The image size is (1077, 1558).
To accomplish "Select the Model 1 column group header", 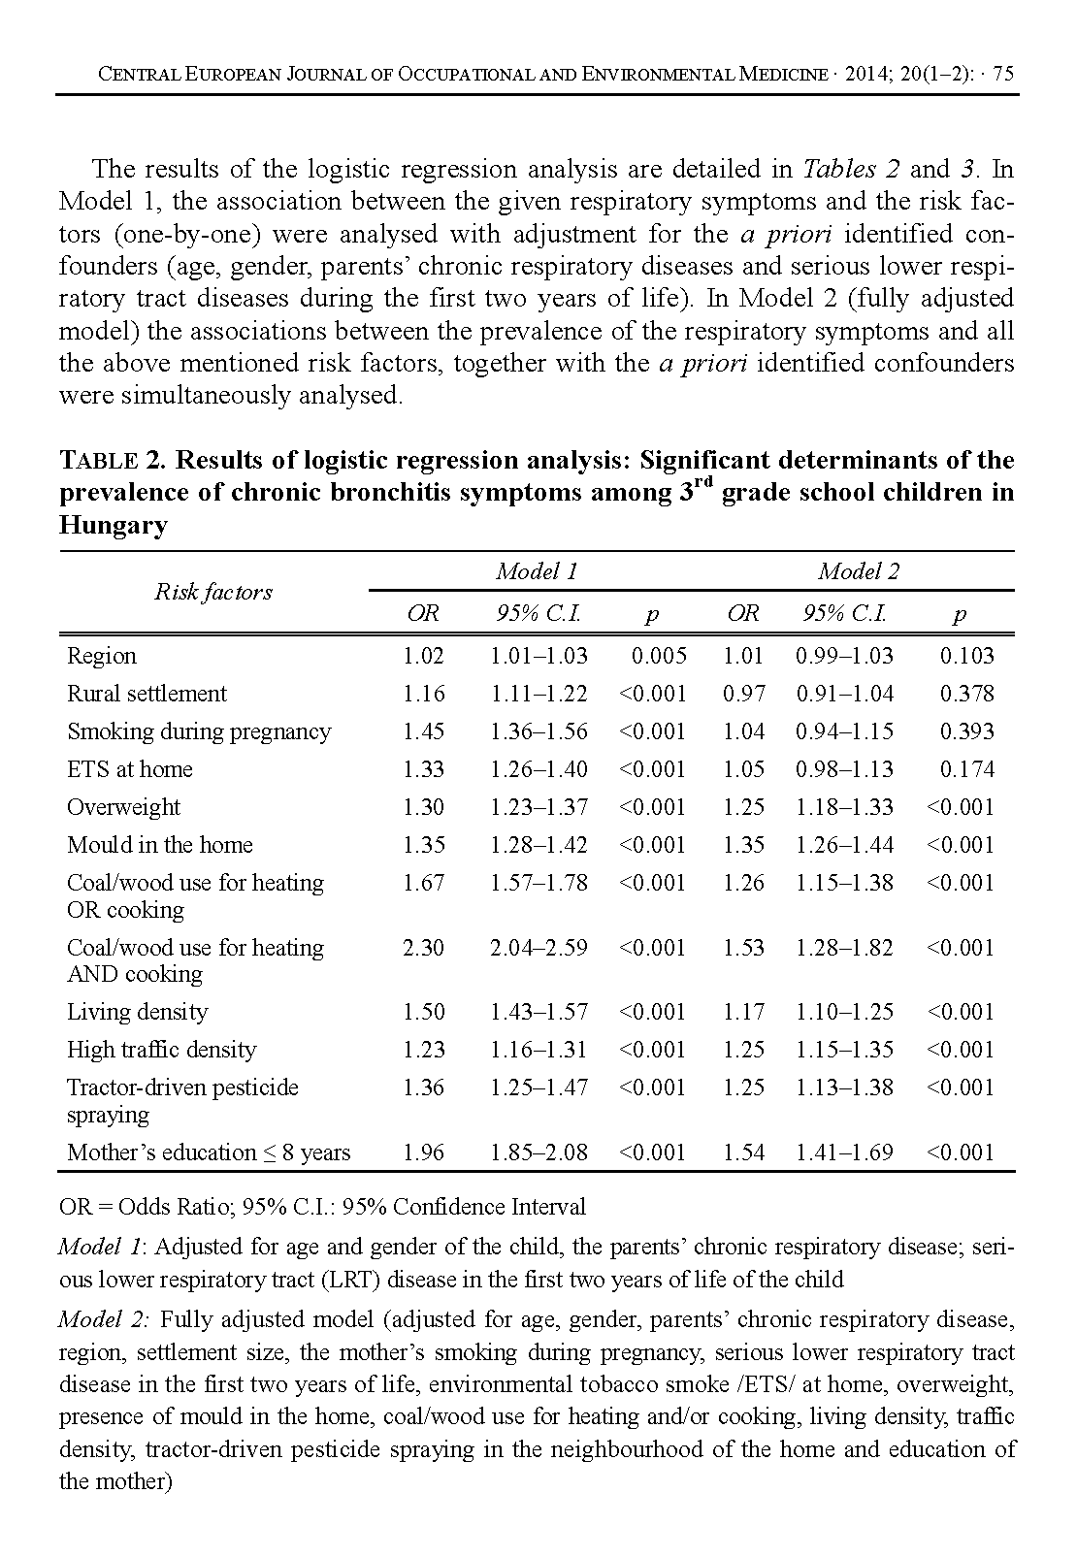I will pos(537,571).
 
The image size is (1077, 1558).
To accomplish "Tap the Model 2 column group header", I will pos(859,571).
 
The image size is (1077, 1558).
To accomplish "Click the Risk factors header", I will pos(213,592).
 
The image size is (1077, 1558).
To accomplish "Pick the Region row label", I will pos(102,656).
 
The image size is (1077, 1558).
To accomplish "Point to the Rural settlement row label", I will pos(147,694).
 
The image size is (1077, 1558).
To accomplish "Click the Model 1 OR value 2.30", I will pos(423,947).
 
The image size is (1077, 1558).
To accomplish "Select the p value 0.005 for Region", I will pos(659,656).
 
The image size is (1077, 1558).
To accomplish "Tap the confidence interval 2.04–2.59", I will pos(538,947).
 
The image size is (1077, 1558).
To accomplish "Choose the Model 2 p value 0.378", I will pos(966,694).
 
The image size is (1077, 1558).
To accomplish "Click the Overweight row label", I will pos(123,807).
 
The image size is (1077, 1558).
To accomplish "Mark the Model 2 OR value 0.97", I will pos(743,694).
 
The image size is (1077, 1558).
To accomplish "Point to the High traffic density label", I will pos(161,1050).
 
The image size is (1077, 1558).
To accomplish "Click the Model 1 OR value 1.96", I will pos(423,1152).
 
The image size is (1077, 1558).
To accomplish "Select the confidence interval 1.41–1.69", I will pos(844,1152).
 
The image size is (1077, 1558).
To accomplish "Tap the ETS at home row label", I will pos(130,769).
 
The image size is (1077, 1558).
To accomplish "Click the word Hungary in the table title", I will pos(114,526).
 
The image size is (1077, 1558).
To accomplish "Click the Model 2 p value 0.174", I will pos(966,769).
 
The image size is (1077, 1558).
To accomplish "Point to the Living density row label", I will pos(137,1012).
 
